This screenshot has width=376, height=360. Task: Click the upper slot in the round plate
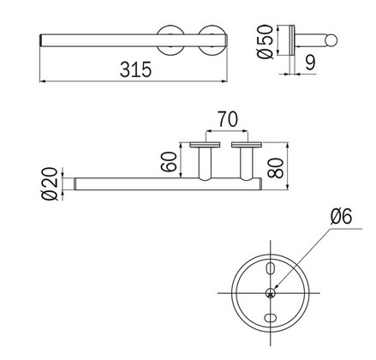[x=272, y=270]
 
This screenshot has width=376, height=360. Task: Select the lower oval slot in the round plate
[x=272, y=317]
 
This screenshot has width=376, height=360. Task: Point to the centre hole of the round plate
[x=272, y=293]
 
